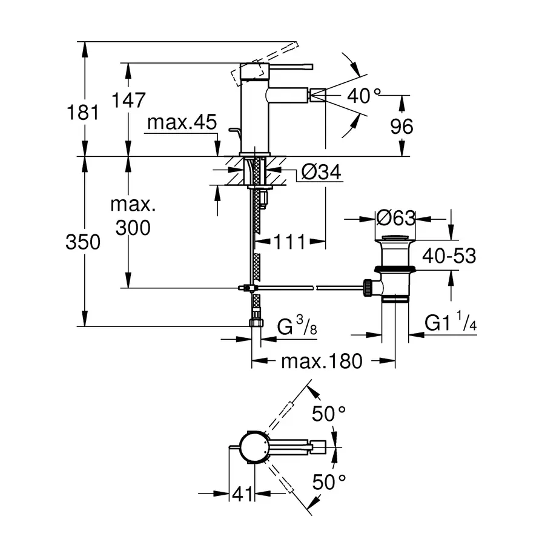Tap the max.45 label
click(x=182, y=124)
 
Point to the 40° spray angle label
click(x=365, y=95)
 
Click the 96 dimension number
click(x=401, y=127)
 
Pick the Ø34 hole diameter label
click(x=321, y=173)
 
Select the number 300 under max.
click(x=133, y=228)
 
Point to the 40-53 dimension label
click(x=449, y=256)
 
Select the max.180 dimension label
click(x=322, y=362)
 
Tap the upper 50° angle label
click(x=328, y=414)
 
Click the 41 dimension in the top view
click(x=242, y=495)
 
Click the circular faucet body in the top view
click(x=253, y=448)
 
